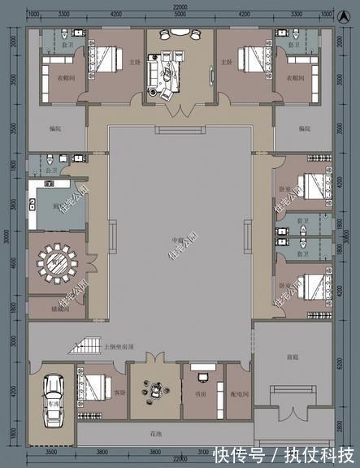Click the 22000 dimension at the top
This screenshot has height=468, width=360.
(x=179, y=6)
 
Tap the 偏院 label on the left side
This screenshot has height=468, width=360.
(x=54, y=128)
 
